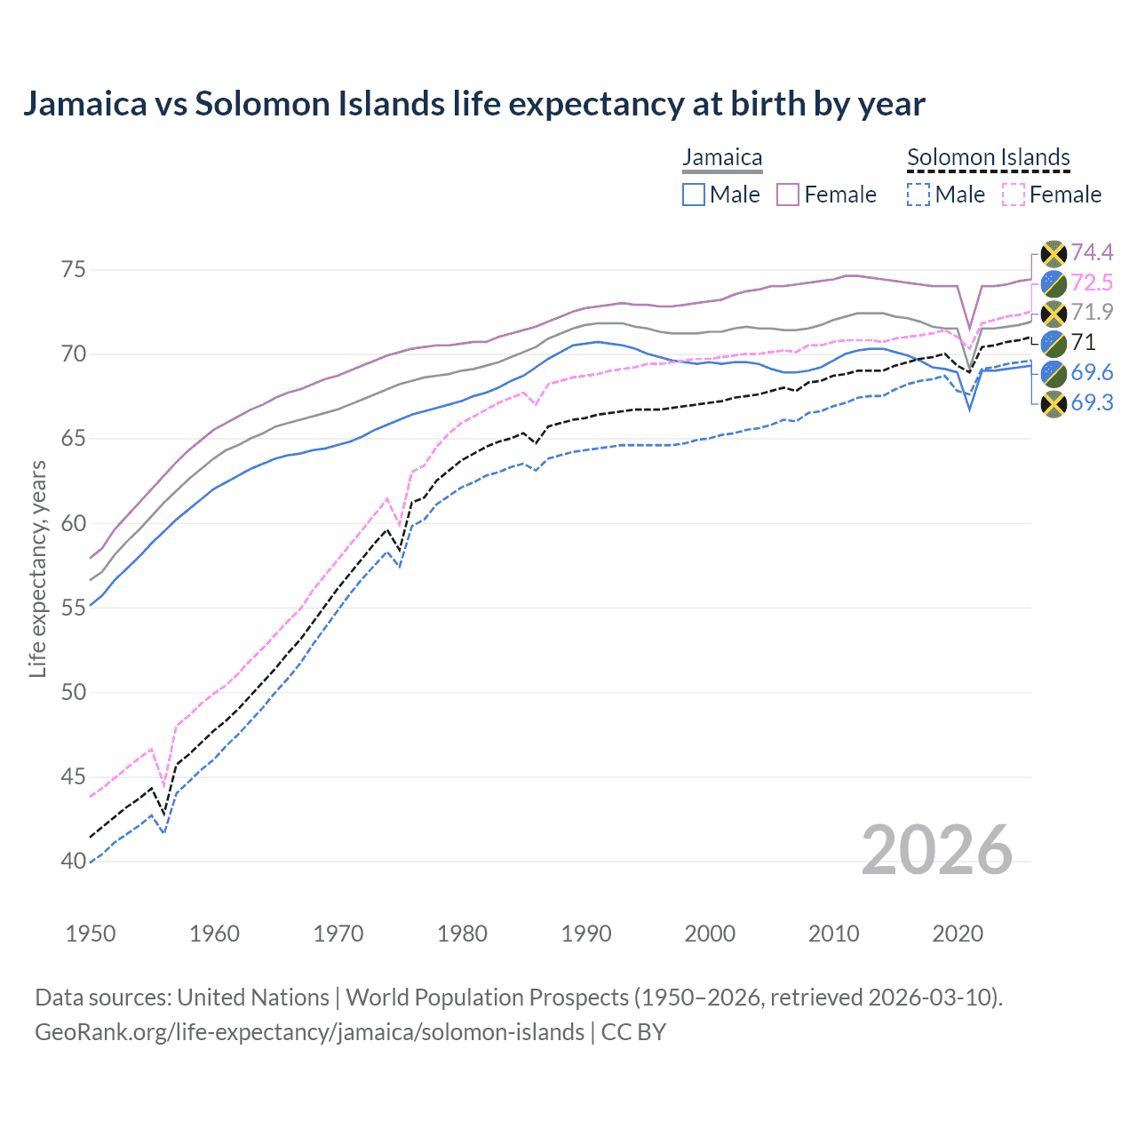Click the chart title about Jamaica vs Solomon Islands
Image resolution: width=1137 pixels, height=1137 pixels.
click(x=473, y=104)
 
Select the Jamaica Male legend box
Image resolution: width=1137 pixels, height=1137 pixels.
click(x=694, y=195)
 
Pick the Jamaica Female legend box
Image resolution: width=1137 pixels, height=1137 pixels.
click(x=788, y=195)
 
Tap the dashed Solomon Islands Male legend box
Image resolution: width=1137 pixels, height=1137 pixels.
click(x=918, y=195)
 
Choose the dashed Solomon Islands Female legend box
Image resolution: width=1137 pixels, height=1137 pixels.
click(x=1014, y=195)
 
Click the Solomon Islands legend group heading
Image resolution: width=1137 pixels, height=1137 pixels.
click(x=988, y=157)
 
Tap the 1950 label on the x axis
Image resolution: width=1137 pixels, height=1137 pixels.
click(x=91, y=934)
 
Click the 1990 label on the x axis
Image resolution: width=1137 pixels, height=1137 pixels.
click(x=586, y=934)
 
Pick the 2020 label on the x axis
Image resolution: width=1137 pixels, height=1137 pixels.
click(x=958, y=934)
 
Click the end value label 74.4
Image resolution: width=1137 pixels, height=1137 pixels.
click(x=1092, y=253)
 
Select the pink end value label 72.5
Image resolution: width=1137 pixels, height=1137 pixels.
click(x=1092, y=283)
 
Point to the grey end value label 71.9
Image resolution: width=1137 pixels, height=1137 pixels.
click(x=1092, y=313)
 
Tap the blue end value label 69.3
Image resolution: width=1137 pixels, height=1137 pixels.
click(x=1092, y=403)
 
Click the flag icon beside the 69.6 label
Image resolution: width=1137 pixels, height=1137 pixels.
click(x=1054, y=373)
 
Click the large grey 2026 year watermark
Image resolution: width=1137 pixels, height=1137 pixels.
click(x=937, y=850)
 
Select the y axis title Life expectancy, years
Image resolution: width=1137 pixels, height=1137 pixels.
click(x=37, y=568)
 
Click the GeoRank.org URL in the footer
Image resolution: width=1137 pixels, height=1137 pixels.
click(x=309, y=1032)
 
